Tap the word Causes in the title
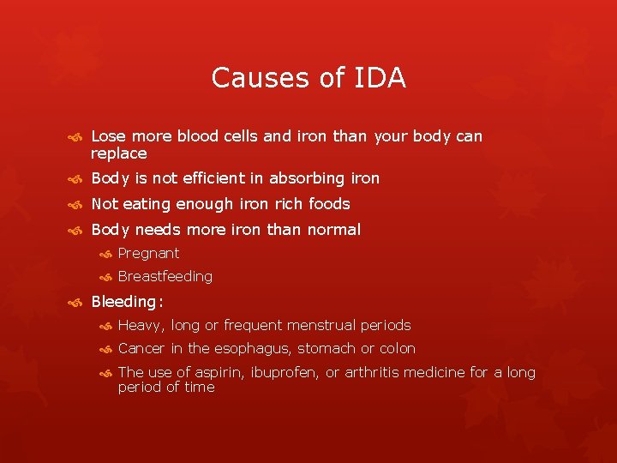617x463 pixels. coord(255,78)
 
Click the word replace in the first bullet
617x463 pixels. coord(119,154)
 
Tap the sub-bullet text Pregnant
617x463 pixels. coord(148,254)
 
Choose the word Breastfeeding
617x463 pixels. coord(165,277)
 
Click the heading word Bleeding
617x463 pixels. coord(125,302)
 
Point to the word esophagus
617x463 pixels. coord(250,349)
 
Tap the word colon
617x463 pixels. coord(397,349)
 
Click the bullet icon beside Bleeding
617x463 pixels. coord(75,302)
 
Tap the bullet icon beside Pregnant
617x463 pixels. coord(105,254)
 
